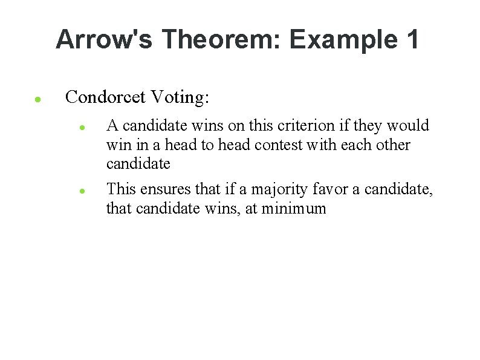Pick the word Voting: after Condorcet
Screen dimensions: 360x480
(x=180, y=97)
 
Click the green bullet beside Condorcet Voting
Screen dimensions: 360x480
(x=37, y=99)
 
